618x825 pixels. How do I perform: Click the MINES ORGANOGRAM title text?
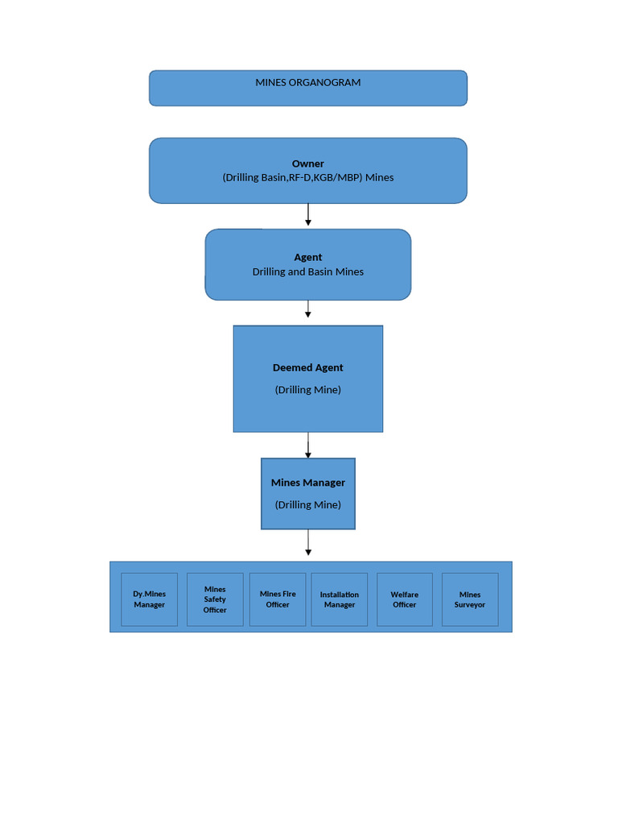[307, 82]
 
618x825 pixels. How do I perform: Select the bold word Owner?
[307, 164]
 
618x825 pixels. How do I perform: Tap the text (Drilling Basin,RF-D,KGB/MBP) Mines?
[307, 177]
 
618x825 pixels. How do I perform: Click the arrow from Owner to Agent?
[308, 214]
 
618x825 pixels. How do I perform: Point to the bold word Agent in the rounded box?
[307, 257]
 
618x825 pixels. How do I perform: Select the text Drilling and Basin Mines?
[307, 272]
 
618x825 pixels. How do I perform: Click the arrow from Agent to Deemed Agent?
[308, 309]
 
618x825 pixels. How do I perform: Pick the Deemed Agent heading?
[307, 367]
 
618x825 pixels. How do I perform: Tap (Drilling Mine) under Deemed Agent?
[307, 389]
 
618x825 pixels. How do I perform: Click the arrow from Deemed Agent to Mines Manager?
[308, 445]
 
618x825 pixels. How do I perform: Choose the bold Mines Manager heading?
[307, 483]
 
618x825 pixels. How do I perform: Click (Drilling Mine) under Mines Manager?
[307, 504]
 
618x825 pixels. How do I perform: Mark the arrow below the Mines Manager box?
[308, 543]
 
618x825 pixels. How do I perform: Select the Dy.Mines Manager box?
[149, 599]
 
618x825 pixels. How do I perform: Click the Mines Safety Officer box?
[215, 599]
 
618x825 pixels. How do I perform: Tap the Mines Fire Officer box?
[278, 599]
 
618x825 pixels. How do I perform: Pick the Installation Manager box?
[340, 599]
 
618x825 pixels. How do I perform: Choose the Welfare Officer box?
[404, 599]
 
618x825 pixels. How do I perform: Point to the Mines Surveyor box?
[470, 599]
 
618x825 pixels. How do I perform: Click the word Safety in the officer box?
[215, 599]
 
